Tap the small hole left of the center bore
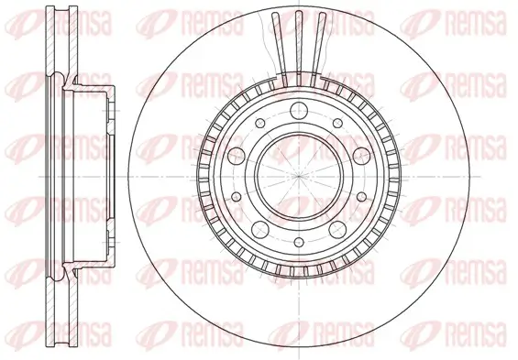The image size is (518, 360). [x=235, y=174]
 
